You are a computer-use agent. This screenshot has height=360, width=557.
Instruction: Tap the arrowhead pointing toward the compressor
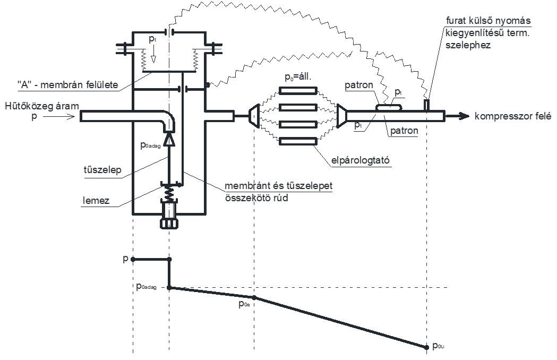click(x=464, y=116)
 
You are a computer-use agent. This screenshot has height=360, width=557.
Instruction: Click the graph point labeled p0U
click(x=427, y=347)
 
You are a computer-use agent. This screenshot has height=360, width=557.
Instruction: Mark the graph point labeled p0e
click(x=254, y=297)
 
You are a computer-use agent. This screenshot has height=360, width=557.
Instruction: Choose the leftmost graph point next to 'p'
click(x=133, y=259)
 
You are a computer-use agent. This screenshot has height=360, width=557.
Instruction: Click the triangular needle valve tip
click(x=169, y=140)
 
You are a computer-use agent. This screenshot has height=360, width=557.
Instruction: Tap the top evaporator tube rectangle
click(x=298, y=91)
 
